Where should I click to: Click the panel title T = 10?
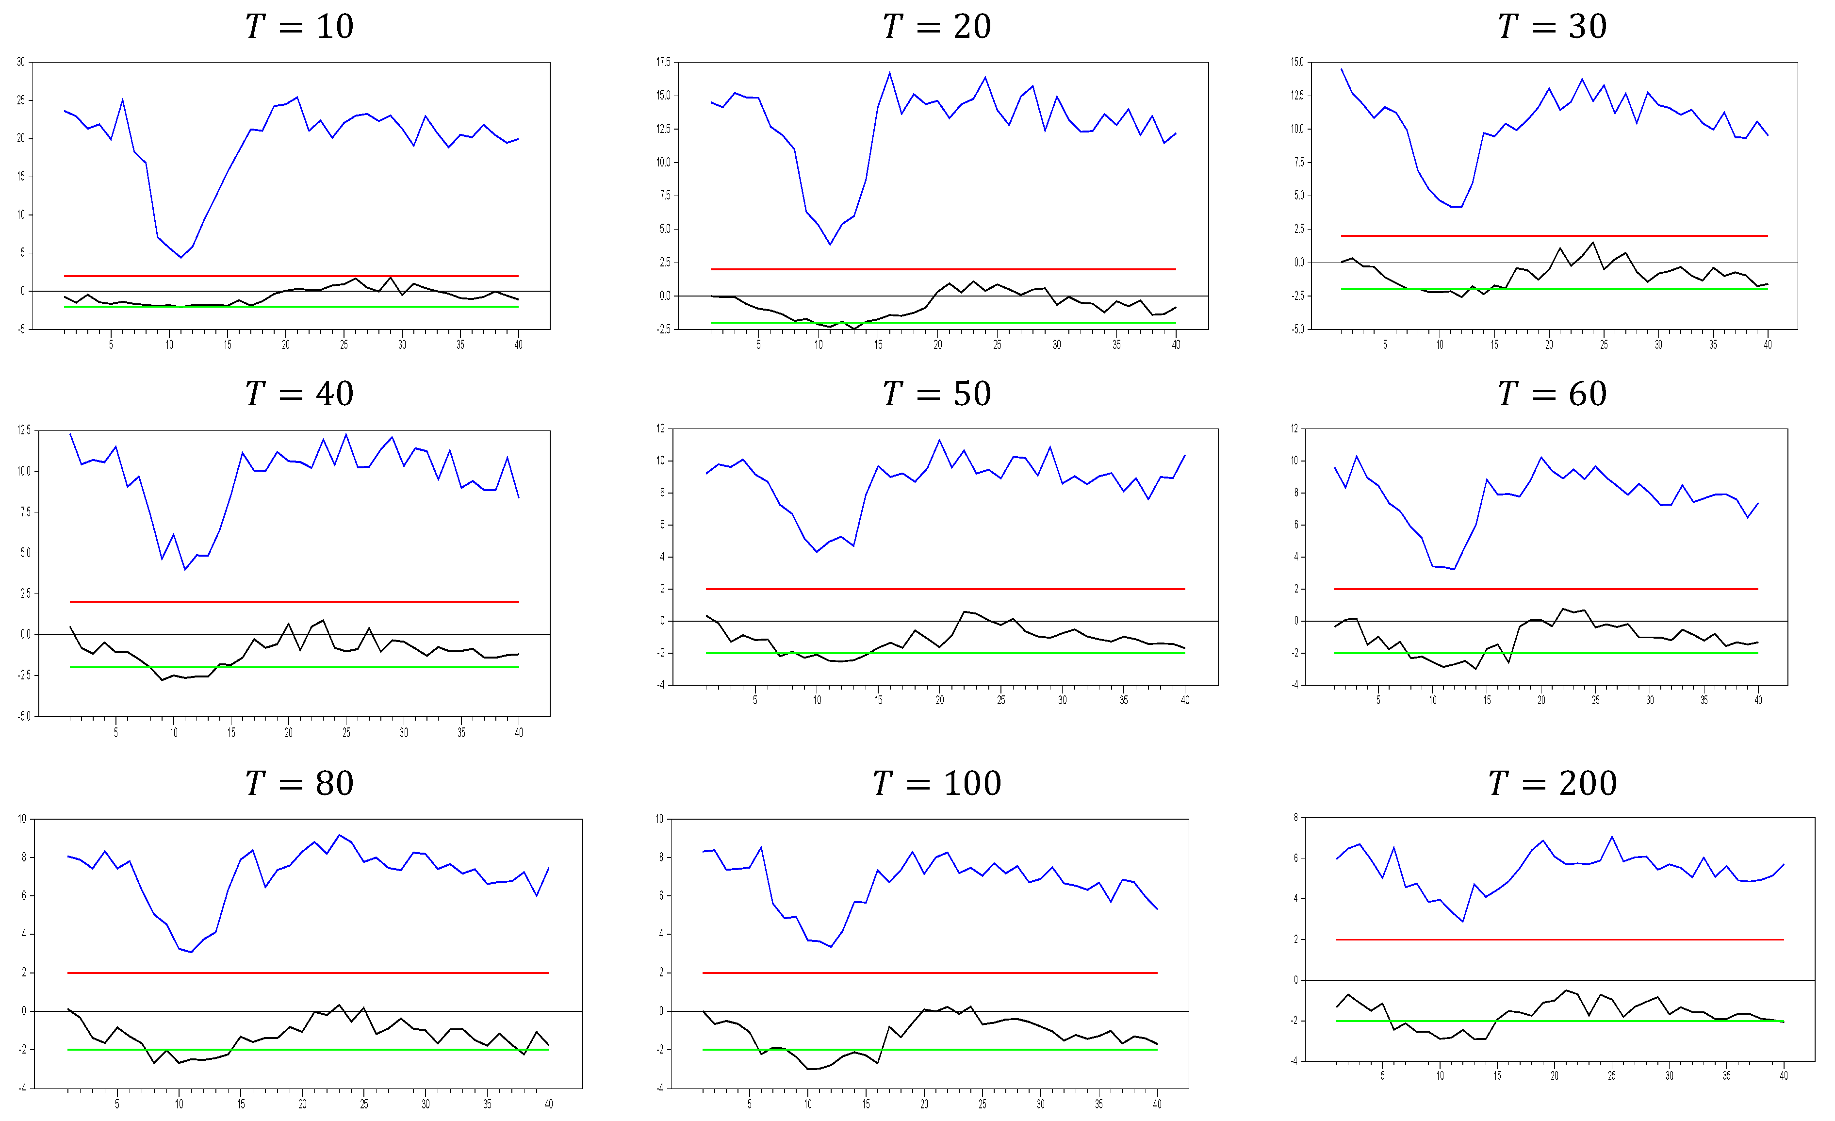click(x=299, y=27)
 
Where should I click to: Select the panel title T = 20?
click(x=937, y=27)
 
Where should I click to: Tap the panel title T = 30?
click(x=1553, y=27)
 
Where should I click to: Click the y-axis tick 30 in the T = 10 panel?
click(x=21, y=62)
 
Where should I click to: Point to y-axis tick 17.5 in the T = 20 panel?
click(x=663, y=62)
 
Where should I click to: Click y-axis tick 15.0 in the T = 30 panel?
click(x=1297, y=62)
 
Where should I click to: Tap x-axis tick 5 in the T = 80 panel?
click(x=117, y=1104)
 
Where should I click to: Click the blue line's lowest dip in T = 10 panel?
click(x=180, y=258)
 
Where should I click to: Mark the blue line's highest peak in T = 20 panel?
click(x=890, y=72)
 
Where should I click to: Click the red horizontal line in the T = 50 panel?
click(x=946, y=589)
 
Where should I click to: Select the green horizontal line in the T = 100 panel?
click(x=931, y=1050)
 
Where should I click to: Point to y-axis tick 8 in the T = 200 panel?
click(x=1296, y=818)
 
